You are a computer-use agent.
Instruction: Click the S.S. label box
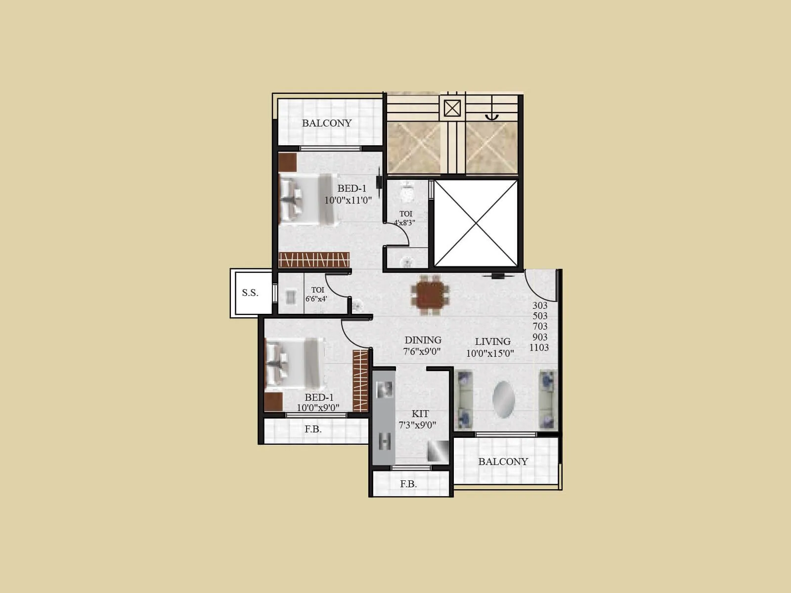coord(250,293)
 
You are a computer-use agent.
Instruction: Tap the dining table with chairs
coord(430,295)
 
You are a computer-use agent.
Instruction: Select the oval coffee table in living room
coord(503,399)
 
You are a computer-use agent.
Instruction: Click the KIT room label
coord(420,414)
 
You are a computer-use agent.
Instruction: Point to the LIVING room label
coord(492,341)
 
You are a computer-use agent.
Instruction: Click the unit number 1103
coord(539,347)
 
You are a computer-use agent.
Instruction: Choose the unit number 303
coord(540,305)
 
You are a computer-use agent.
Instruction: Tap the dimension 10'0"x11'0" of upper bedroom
coord(348,200)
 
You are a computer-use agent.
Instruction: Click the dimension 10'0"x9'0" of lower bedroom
coord(318,408)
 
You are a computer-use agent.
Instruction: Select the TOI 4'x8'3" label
coord(405,218)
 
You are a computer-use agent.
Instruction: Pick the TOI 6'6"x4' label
coord(316,295)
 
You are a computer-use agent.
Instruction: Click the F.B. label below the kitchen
coord(408,484)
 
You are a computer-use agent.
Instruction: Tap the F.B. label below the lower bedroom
coord(313,429)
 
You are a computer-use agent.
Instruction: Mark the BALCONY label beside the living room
coord(503,462)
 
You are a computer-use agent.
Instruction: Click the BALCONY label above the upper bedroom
coord(327,123)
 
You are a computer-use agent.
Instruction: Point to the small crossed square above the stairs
coord(452,108)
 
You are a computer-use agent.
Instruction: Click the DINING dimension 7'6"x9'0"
coord(422,351)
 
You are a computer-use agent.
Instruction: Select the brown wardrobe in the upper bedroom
coord(314,259)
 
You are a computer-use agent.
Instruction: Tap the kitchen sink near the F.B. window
coord(438,451)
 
